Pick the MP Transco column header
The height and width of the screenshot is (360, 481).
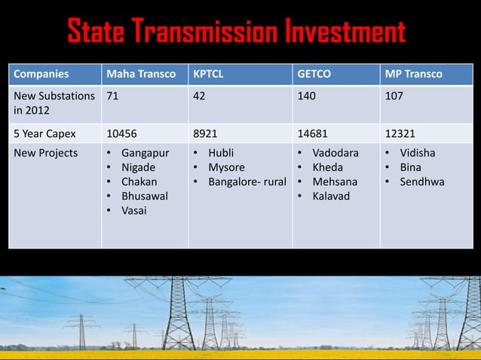413,75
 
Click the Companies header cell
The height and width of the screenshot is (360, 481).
40,75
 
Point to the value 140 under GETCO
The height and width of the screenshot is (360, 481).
306,97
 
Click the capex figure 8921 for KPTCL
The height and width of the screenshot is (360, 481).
207,133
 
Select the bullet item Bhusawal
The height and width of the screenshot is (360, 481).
145,196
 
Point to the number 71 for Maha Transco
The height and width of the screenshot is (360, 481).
112,97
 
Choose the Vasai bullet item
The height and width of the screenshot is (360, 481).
134,210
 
